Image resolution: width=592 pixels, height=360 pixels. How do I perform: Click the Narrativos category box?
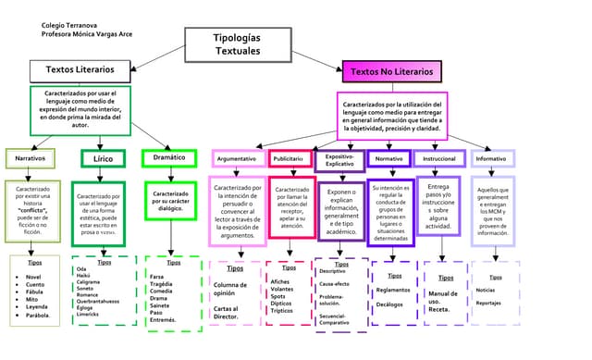click(31, 158)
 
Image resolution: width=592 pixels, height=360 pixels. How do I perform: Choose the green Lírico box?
click(103, 158)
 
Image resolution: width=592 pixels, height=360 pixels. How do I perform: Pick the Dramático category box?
click(169, 158)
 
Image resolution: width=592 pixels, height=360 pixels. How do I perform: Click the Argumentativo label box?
click(237, 159)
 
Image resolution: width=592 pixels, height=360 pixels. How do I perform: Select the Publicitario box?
click(291, 159)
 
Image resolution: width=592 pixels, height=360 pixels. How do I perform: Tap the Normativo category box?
click(389, 159)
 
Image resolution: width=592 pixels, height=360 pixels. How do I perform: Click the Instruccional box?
click(439, 159)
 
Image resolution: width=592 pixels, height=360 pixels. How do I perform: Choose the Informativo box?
click(490, 159)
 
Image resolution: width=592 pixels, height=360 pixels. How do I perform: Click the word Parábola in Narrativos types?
click(37, 315)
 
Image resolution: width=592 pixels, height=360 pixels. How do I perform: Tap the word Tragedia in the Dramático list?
click(162, 283)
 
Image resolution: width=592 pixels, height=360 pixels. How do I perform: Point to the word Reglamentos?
click(394, 290)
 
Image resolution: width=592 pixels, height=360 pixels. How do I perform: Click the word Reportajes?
click(488, 303)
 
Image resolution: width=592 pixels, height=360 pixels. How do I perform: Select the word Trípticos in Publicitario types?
click(288, 310)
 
